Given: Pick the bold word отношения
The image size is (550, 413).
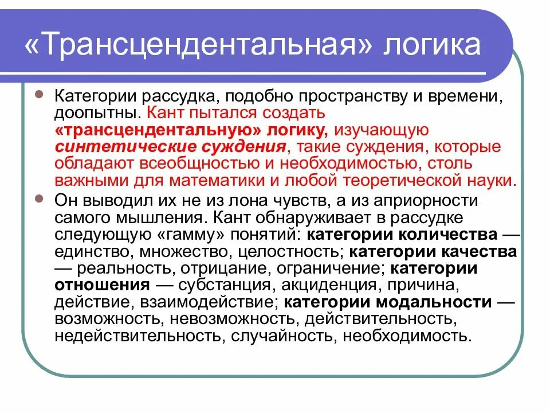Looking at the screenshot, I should [103, 285].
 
